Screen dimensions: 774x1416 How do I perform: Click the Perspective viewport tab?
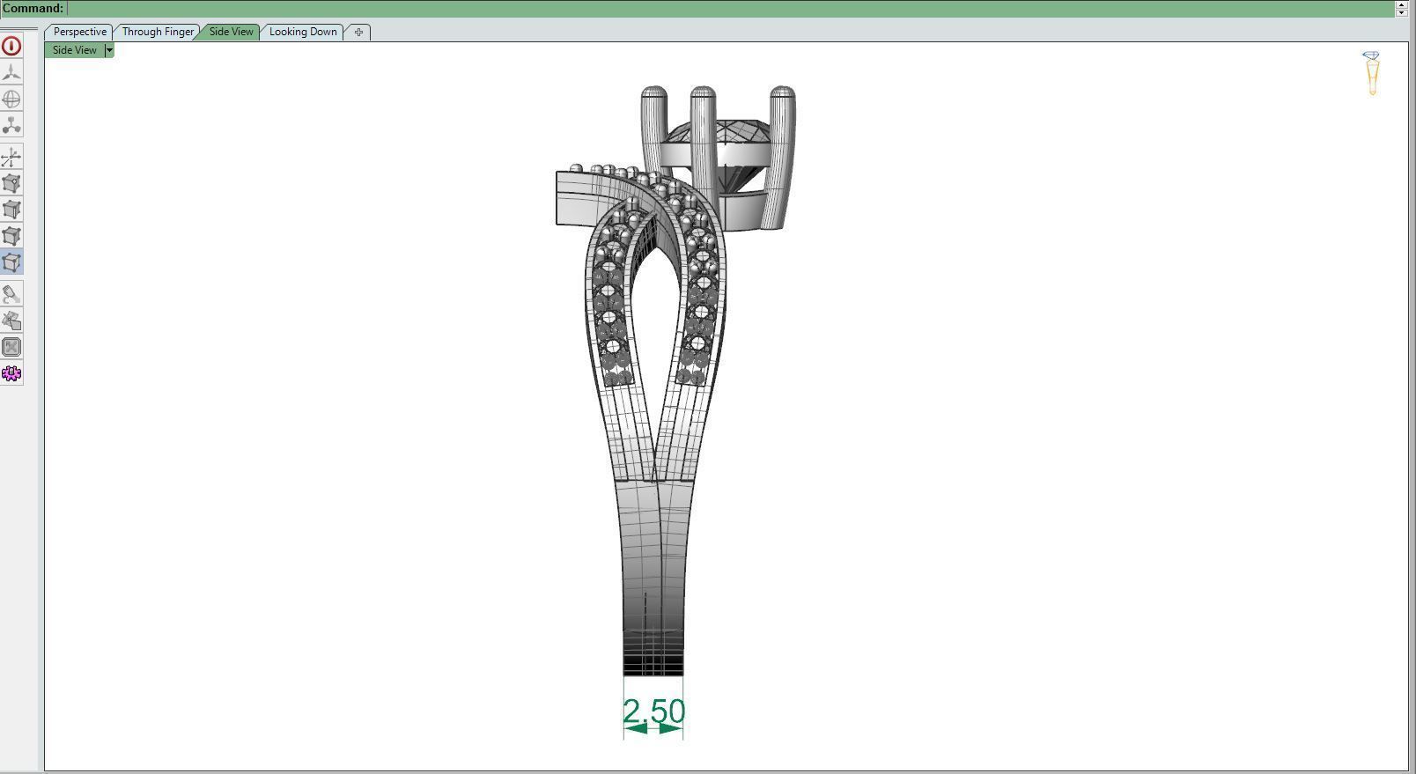coord(79,32)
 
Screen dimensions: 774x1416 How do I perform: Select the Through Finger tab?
coord(158,32)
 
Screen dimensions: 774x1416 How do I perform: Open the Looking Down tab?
coord(303,32)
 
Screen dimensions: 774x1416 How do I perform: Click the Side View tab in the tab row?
coord(231,32)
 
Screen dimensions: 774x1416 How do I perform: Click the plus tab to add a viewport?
coord(358,32)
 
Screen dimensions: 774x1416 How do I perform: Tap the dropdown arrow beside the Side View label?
coord(109,50)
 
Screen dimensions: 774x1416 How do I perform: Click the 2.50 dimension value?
coord(653,711)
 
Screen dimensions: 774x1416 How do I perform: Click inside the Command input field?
coord(704,9)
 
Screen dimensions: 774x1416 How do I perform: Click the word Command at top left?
coord(33,9)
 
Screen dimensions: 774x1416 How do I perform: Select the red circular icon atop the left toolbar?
coord(11,46)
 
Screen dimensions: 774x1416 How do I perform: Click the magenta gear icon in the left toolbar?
coord(11,373)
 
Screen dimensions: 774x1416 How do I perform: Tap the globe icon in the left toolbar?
coord(11,100)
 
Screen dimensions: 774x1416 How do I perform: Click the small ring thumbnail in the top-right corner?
coord(1371,73)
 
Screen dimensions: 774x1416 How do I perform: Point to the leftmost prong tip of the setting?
coord(653,93)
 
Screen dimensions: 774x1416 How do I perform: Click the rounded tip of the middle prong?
coord(703,93)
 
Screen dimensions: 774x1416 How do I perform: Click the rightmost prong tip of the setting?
coord(782,93)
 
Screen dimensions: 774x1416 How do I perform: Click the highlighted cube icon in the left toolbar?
coord(11,262)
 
